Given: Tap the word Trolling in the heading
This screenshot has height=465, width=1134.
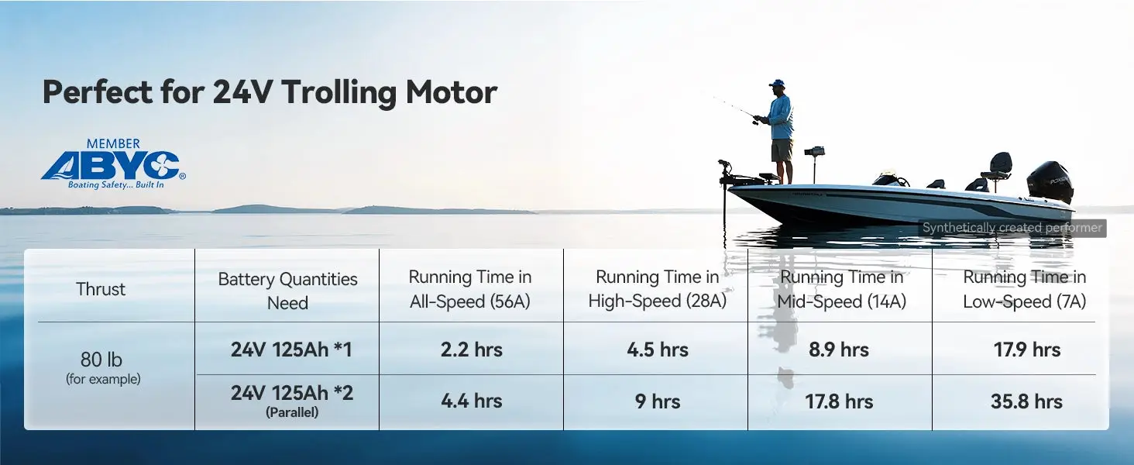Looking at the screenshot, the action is pyautogui.click(x=338, y=93).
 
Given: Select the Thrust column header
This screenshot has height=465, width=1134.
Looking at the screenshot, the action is pyautogui.click(x=101, y=289).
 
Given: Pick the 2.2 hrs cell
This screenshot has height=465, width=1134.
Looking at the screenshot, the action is pyautogui.click(x=471, y=350).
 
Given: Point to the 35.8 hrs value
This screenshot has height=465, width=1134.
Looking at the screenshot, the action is pyautogui.click(x=1026, y=401).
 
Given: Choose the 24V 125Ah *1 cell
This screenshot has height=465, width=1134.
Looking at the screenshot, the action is pyautogui.click(x=291, y=350).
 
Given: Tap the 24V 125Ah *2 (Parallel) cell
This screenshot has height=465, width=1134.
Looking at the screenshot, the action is pyautogui.click(x=291, y=401).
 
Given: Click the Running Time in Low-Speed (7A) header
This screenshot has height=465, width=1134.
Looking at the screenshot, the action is pyautogui.click(x=1024, y=289).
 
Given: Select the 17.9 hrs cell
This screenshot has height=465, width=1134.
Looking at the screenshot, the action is pyautogui.click(x=1026, y=350).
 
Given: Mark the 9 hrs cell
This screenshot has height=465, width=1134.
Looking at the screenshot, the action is pyautogui.click(x=658, y=401).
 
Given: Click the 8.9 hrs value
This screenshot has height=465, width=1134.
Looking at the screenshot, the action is pyautogui.click(x=838, y=350).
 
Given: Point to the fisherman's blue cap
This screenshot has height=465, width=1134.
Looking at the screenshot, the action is pyautogui.click(x=776, y=83).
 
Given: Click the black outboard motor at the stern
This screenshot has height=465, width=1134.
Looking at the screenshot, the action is pyautogui.click(x=1050, y=182).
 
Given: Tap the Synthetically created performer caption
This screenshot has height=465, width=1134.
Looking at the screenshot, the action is pyautogui.click(x=1012, y=228).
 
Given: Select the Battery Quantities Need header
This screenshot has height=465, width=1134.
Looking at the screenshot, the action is pyautogui.click(x=287, y=291).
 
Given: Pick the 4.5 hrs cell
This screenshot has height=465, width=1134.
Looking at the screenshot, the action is pyautogui.click(x=658, y=350).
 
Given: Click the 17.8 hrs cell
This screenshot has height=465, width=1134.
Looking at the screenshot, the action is pyautogui.click(x=839, y=401).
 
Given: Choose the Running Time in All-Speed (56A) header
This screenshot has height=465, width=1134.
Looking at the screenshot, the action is pyautogui.click(x=470, y=289).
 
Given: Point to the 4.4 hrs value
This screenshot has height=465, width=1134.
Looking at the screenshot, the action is pyautogui.click(x=471, y=401).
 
